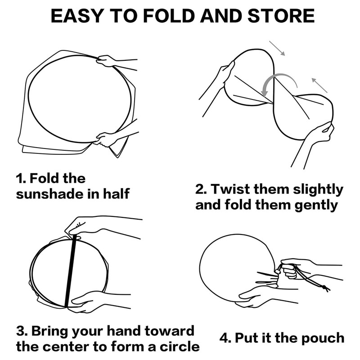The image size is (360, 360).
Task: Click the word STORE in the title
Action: click(281, 16)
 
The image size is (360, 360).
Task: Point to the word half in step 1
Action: click(116, 193)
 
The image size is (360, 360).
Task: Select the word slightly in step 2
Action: click(318, 189)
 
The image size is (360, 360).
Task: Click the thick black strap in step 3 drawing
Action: click(71, 271)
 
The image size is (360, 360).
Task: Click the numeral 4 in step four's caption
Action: click(224, 338)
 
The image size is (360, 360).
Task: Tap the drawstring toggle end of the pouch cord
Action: click(325, 288)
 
